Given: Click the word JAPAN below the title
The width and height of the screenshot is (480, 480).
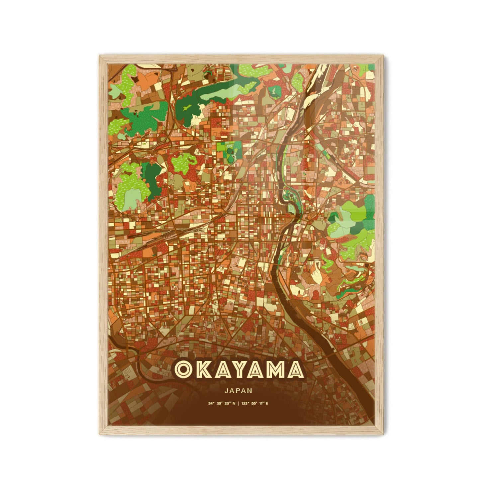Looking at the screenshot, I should click(x=238, y=391).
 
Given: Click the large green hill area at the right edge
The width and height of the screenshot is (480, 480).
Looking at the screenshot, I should click(x=352, y=226).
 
